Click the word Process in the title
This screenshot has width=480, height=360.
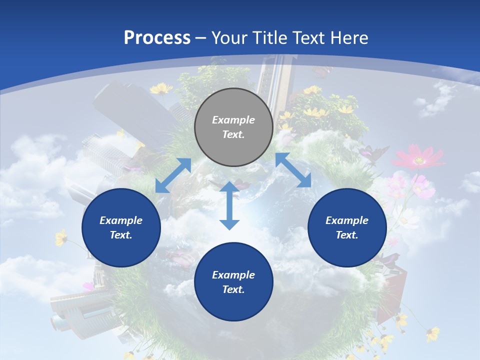point(157,37)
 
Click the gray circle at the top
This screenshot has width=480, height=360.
point(233,127)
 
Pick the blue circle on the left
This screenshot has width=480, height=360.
point(121,227)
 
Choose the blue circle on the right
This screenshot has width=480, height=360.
point(347,227)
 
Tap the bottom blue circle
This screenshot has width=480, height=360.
point(233,282)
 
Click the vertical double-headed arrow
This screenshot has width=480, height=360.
point(229,205)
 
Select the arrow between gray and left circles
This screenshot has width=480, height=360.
point(173,175)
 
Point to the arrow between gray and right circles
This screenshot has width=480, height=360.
point(293,170)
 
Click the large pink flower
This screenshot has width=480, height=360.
point(418,157)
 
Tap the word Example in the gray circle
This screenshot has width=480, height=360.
point(233,120)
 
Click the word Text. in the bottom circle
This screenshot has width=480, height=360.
point(233,289)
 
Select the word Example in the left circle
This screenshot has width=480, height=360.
point(121,220)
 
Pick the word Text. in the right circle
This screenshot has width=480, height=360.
point(347,235)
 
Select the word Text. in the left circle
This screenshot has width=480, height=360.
point(121,235)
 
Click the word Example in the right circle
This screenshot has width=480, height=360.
point(347,220)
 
